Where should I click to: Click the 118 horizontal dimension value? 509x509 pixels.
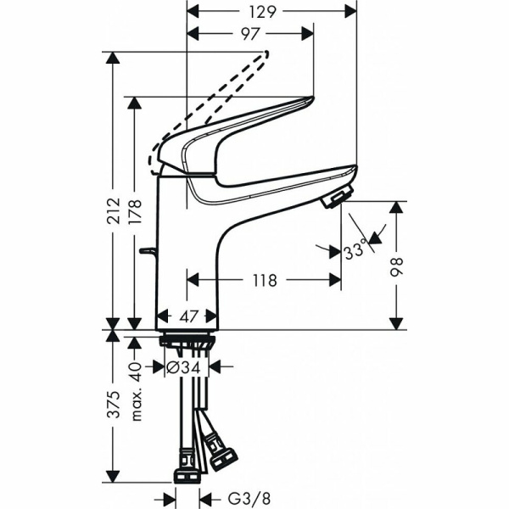point(264,280)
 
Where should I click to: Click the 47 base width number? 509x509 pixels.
point(188,316)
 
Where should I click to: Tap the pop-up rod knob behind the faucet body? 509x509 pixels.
point(148,252)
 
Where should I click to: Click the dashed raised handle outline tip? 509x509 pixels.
point(266,56)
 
